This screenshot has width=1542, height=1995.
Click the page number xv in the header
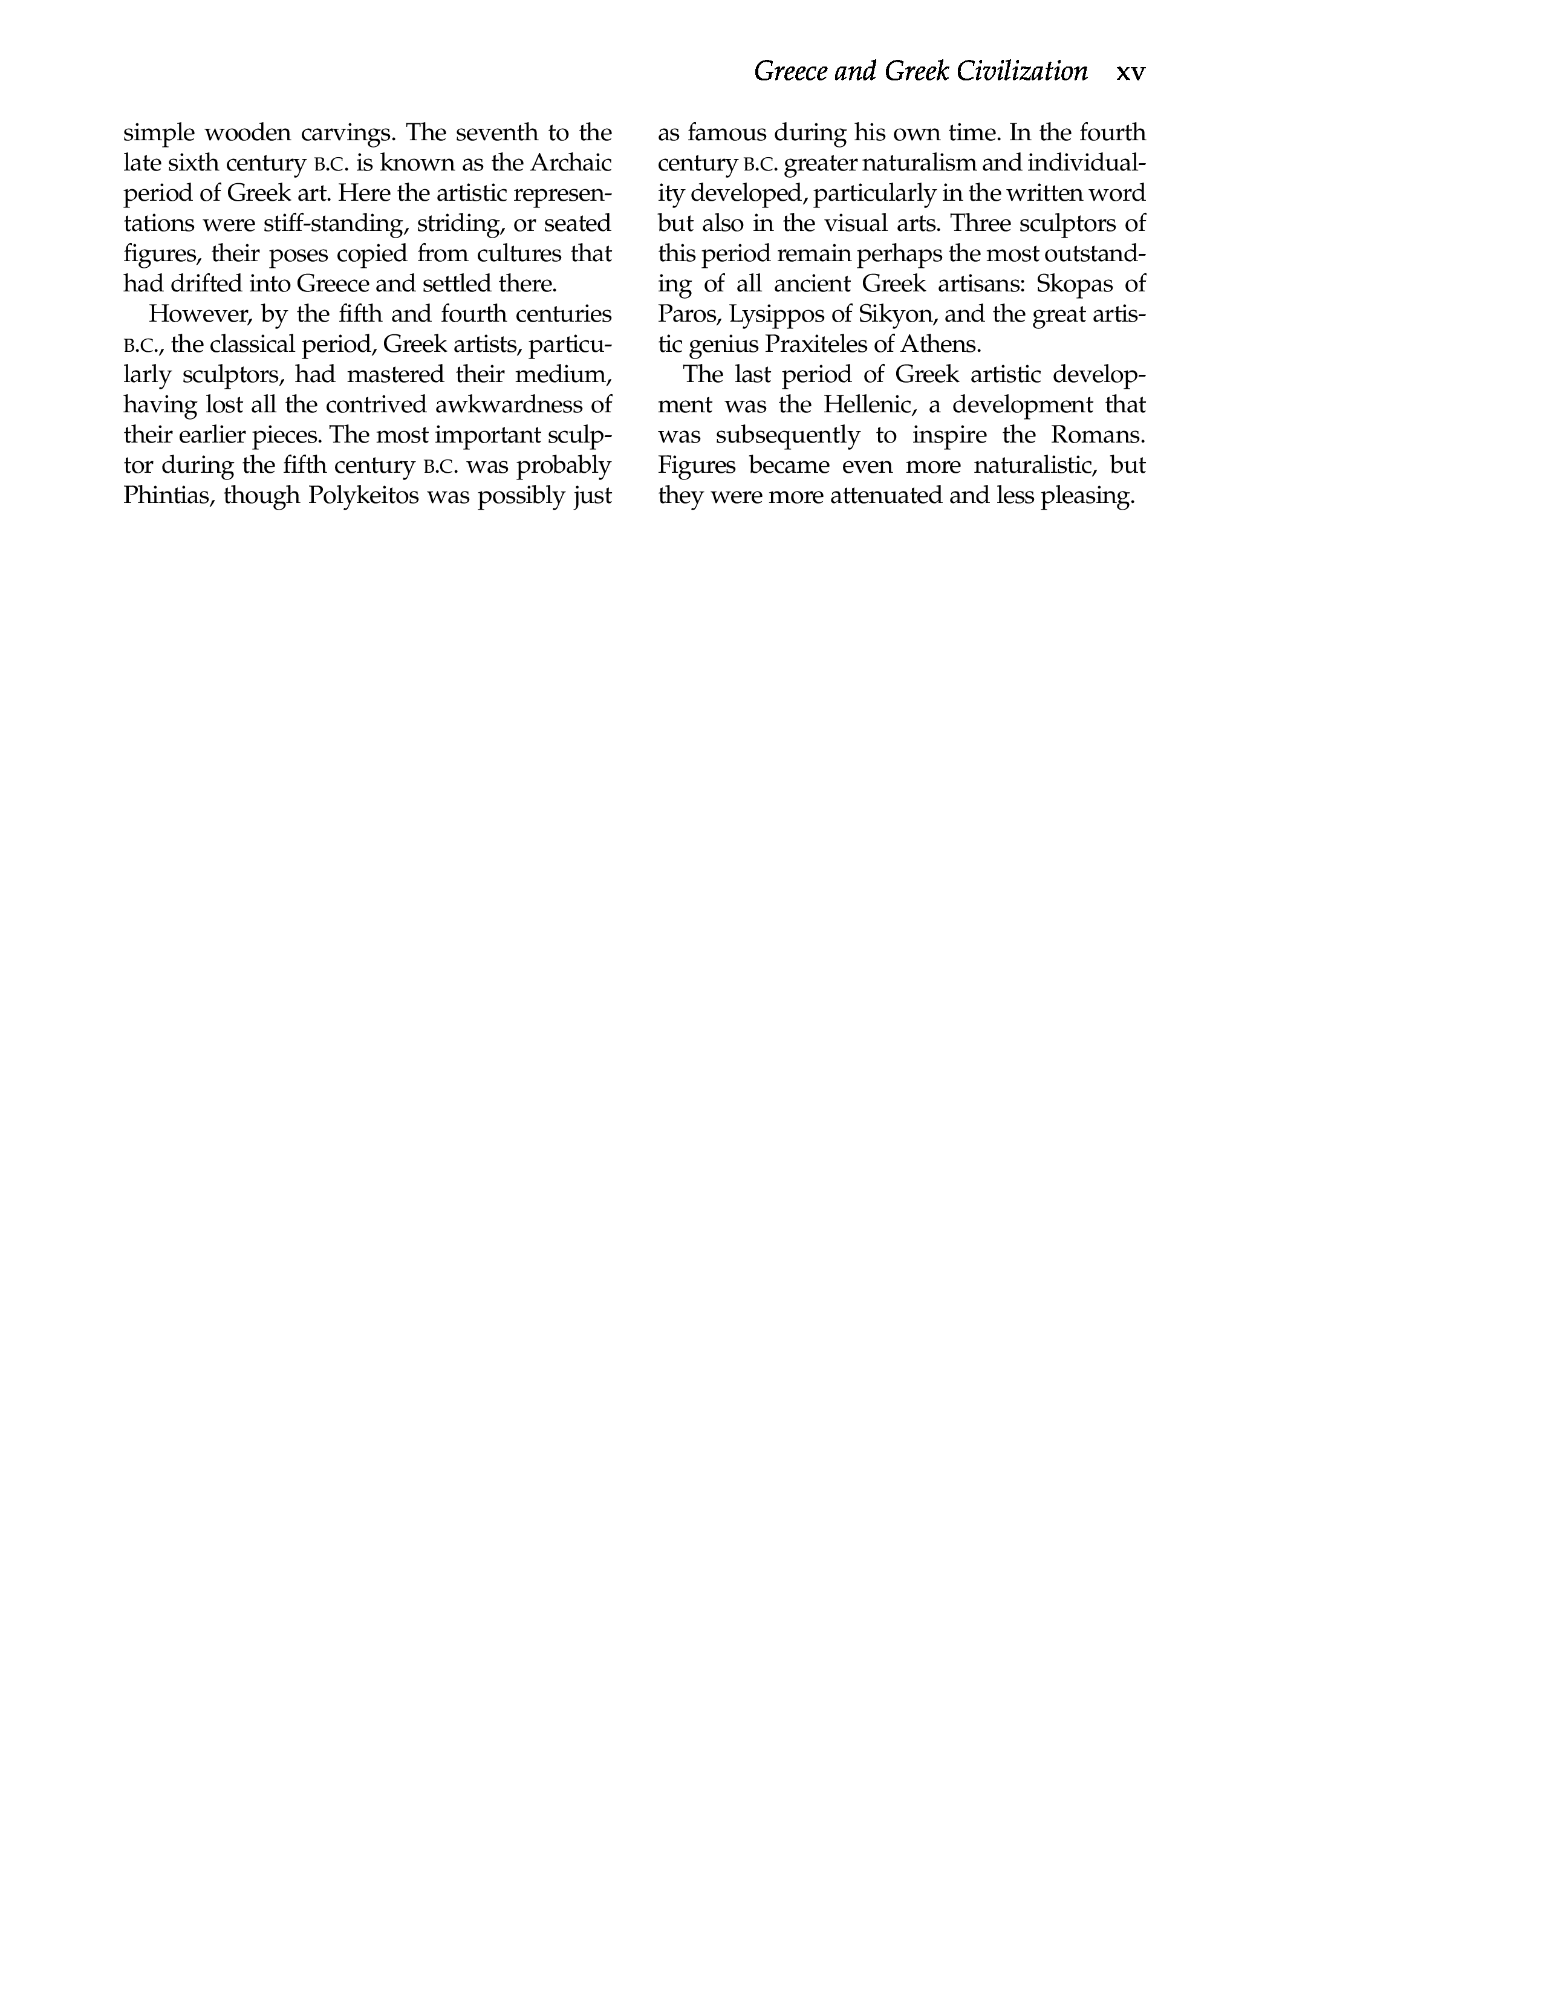(1130, 72)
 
